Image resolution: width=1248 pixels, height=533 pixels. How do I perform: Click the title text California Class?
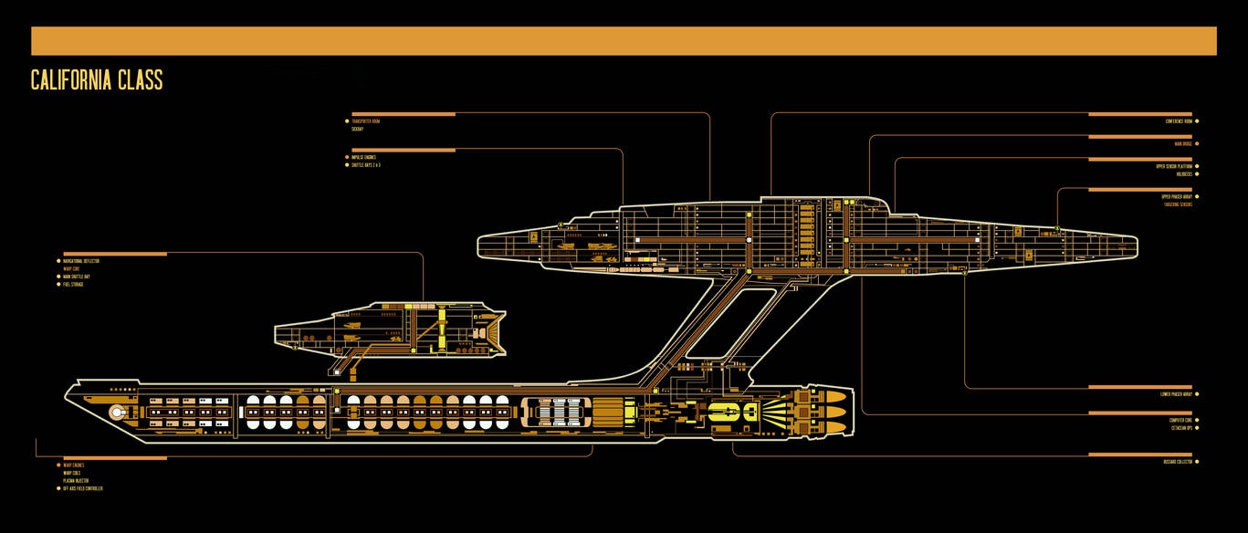[x=97, y=80]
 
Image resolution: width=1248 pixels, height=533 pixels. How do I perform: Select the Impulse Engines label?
[x=364, y=157]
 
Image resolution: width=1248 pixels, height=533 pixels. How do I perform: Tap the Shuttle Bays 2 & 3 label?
[x=367, y=165]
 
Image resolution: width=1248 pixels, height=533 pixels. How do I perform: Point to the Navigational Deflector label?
[x=81, y=261]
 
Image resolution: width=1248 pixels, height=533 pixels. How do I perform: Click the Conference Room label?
[x=1179, y=121]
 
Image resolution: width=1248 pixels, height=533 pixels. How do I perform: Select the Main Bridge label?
[x=1183, y=143]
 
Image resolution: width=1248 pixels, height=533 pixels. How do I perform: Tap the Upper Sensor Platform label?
[x=1173, y=166]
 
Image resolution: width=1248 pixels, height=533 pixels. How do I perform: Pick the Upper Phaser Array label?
[x=1177, y=196]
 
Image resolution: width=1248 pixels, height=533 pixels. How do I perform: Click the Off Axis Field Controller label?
[x=83, y=488]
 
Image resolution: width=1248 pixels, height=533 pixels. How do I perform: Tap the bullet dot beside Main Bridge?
[x=1197, y=143]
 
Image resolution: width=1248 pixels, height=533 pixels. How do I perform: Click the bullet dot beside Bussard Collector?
[x=1197, y=462]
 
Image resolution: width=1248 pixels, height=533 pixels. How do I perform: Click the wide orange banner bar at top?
[x=624, y=41]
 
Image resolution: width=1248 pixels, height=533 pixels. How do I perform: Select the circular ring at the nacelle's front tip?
[x=117, y=413]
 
